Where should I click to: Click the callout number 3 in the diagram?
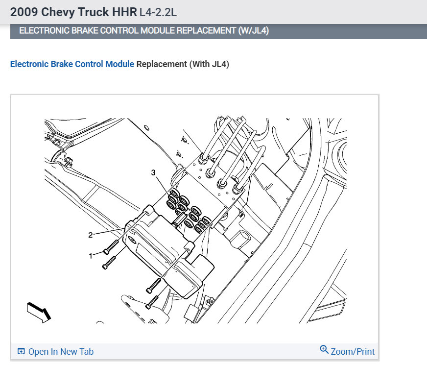153,172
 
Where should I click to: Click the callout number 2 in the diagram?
91,235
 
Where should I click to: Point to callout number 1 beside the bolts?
91,256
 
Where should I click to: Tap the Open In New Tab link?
61,351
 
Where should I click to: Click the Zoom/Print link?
353,351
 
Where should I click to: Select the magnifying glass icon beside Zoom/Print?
324,349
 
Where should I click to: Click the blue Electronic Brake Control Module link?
72,64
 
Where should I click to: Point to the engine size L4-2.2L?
158,12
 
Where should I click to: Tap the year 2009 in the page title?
24,12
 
